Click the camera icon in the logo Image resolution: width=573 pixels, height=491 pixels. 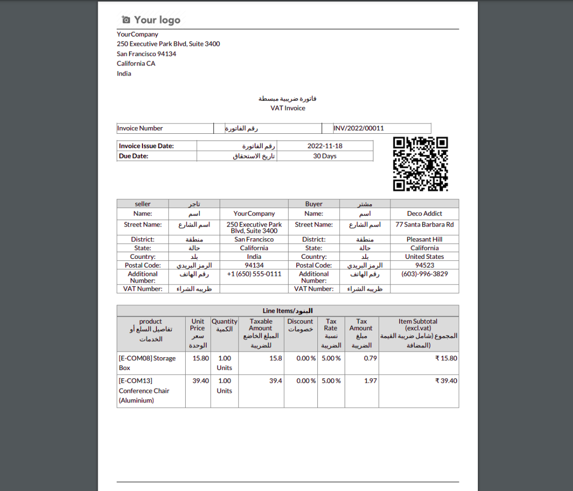126,20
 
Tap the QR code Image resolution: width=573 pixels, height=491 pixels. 420,164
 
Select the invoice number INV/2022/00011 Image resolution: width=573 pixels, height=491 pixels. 359,128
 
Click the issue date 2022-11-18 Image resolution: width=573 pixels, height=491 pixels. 325,146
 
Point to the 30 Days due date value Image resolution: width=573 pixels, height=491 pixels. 325,156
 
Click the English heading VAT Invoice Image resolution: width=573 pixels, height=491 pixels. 288,108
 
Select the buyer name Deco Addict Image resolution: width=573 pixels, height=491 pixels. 424,213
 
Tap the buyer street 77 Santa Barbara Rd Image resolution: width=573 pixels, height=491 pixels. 424,224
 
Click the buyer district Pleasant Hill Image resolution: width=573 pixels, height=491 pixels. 424,239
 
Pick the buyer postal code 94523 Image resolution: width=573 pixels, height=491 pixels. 424,265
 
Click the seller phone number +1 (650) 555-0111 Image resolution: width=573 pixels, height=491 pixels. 254,274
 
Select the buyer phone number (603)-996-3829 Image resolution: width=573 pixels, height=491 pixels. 424,274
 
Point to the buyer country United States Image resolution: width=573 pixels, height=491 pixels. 424,256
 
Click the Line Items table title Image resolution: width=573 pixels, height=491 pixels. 288,311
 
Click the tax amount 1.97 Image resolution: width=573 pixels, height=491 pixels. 370,381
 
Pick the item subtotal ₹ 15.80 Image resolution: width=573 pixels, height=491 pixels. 446,358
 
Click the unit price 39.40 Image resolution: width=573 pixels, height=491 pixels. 201,381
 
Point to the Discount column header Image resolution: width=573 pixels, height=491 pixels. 300,325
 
